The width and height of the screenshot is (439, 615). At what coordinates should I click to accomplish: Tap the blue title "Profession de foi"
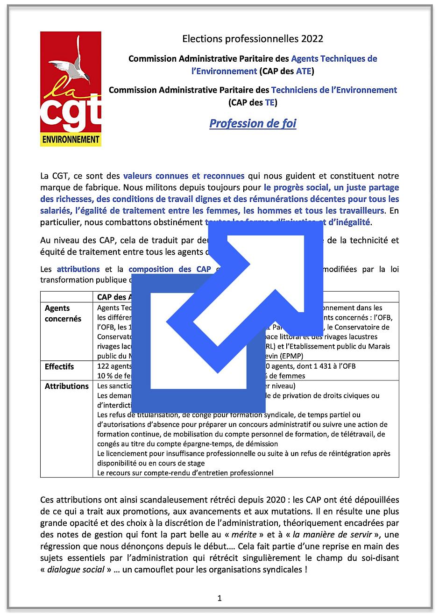click(253, 123)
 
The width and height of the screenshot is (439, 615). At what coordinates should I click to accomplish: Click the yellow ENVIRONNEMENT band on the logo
click(71, 139)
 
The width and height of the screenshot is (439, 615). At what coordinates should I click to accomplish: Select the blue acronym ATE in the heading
click(304, 72)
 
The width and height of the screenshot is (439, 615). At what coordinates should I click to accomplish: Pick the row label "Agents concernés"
click(63, 314)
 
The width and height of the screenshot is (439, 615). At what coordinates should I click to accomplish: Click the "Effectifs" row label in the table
click(59, 366)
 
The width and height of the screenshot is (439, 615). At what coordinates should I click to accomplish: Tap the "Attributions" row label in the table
click(67, 386)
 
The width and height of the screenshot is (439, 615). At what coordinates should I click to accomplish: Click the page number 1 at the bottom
click(219, 598)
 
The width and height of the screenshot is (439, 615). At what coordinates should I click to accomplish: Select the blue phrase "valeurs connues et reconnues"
click(184, 176)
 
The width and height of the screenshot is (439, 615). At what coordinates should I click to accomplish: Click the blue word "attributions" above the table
click(78, 269)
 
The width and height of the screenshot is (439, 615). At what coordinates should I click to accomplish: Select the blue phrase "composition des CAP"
click(170, 269)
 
